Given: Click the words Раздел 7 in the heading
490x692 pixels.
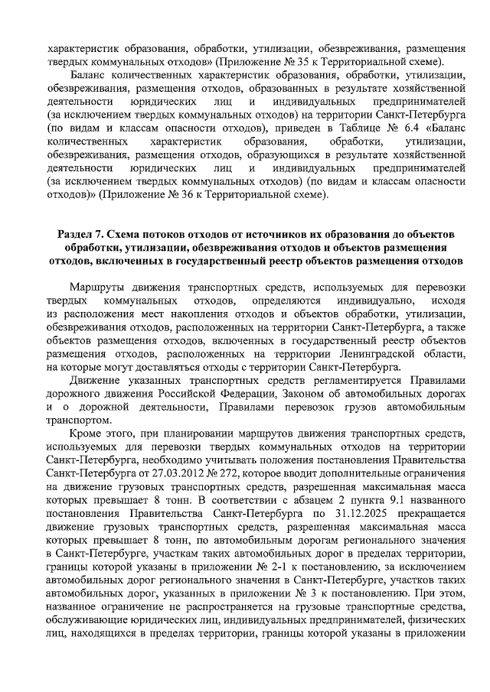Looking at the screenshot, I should tap(80, 233).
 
